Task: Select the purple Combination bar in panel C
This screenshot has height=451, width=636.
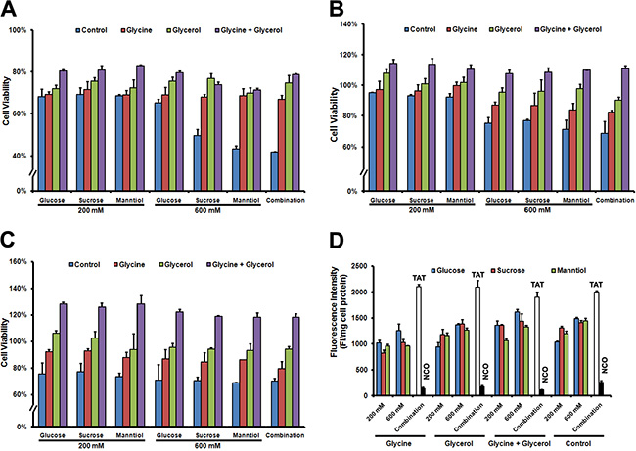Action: coord(297,371)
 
